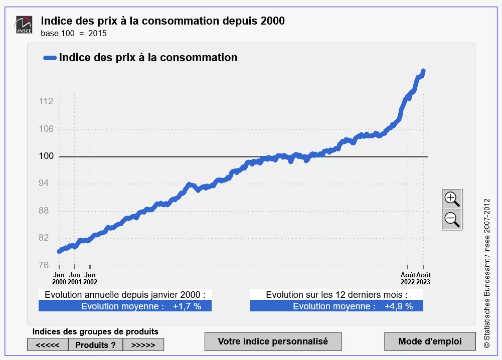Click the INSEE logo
pyautogui.click(x=24, y=25)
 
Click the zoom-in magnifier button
pyautogui.click(x=452, y=199)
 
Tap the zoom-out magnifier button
pyautogui.click(x=452, y=219)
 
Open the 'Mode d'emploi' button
pyautogui.click(x=430, y=341)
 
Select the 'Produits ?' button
pyautogui.click(x=95, y=345)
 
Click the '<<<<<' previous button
pyautogui.click(x=48, y=345)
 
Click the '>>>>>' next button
pyautogui.click(x=143, y=345)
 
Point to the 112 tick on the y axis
pyautogui.click(x=46, y=102)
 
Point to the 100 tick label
pyautogui.click(x=46, y=156)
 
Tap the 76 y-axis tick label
pyautogui.click(x=46, y=265)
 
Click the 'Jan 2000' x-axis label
pyautogui.click(x=59, y=278)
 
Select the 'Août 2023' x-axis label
pyautogui.click(x=423, y=278)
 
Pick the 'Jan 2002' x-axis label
pyautogui.click(x=90, y=278)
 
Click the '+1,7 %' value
pyautogui.click(x=187, y=306)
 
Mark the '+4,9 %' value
pyautogui.click(x=399, y=306)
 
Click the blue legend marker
pyautogui.click(x=50, y=58)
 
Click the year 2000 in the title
pyautogui.click(x=272, y=21)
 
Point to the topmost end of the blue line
pyautogui.click(x=423, y=71)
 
